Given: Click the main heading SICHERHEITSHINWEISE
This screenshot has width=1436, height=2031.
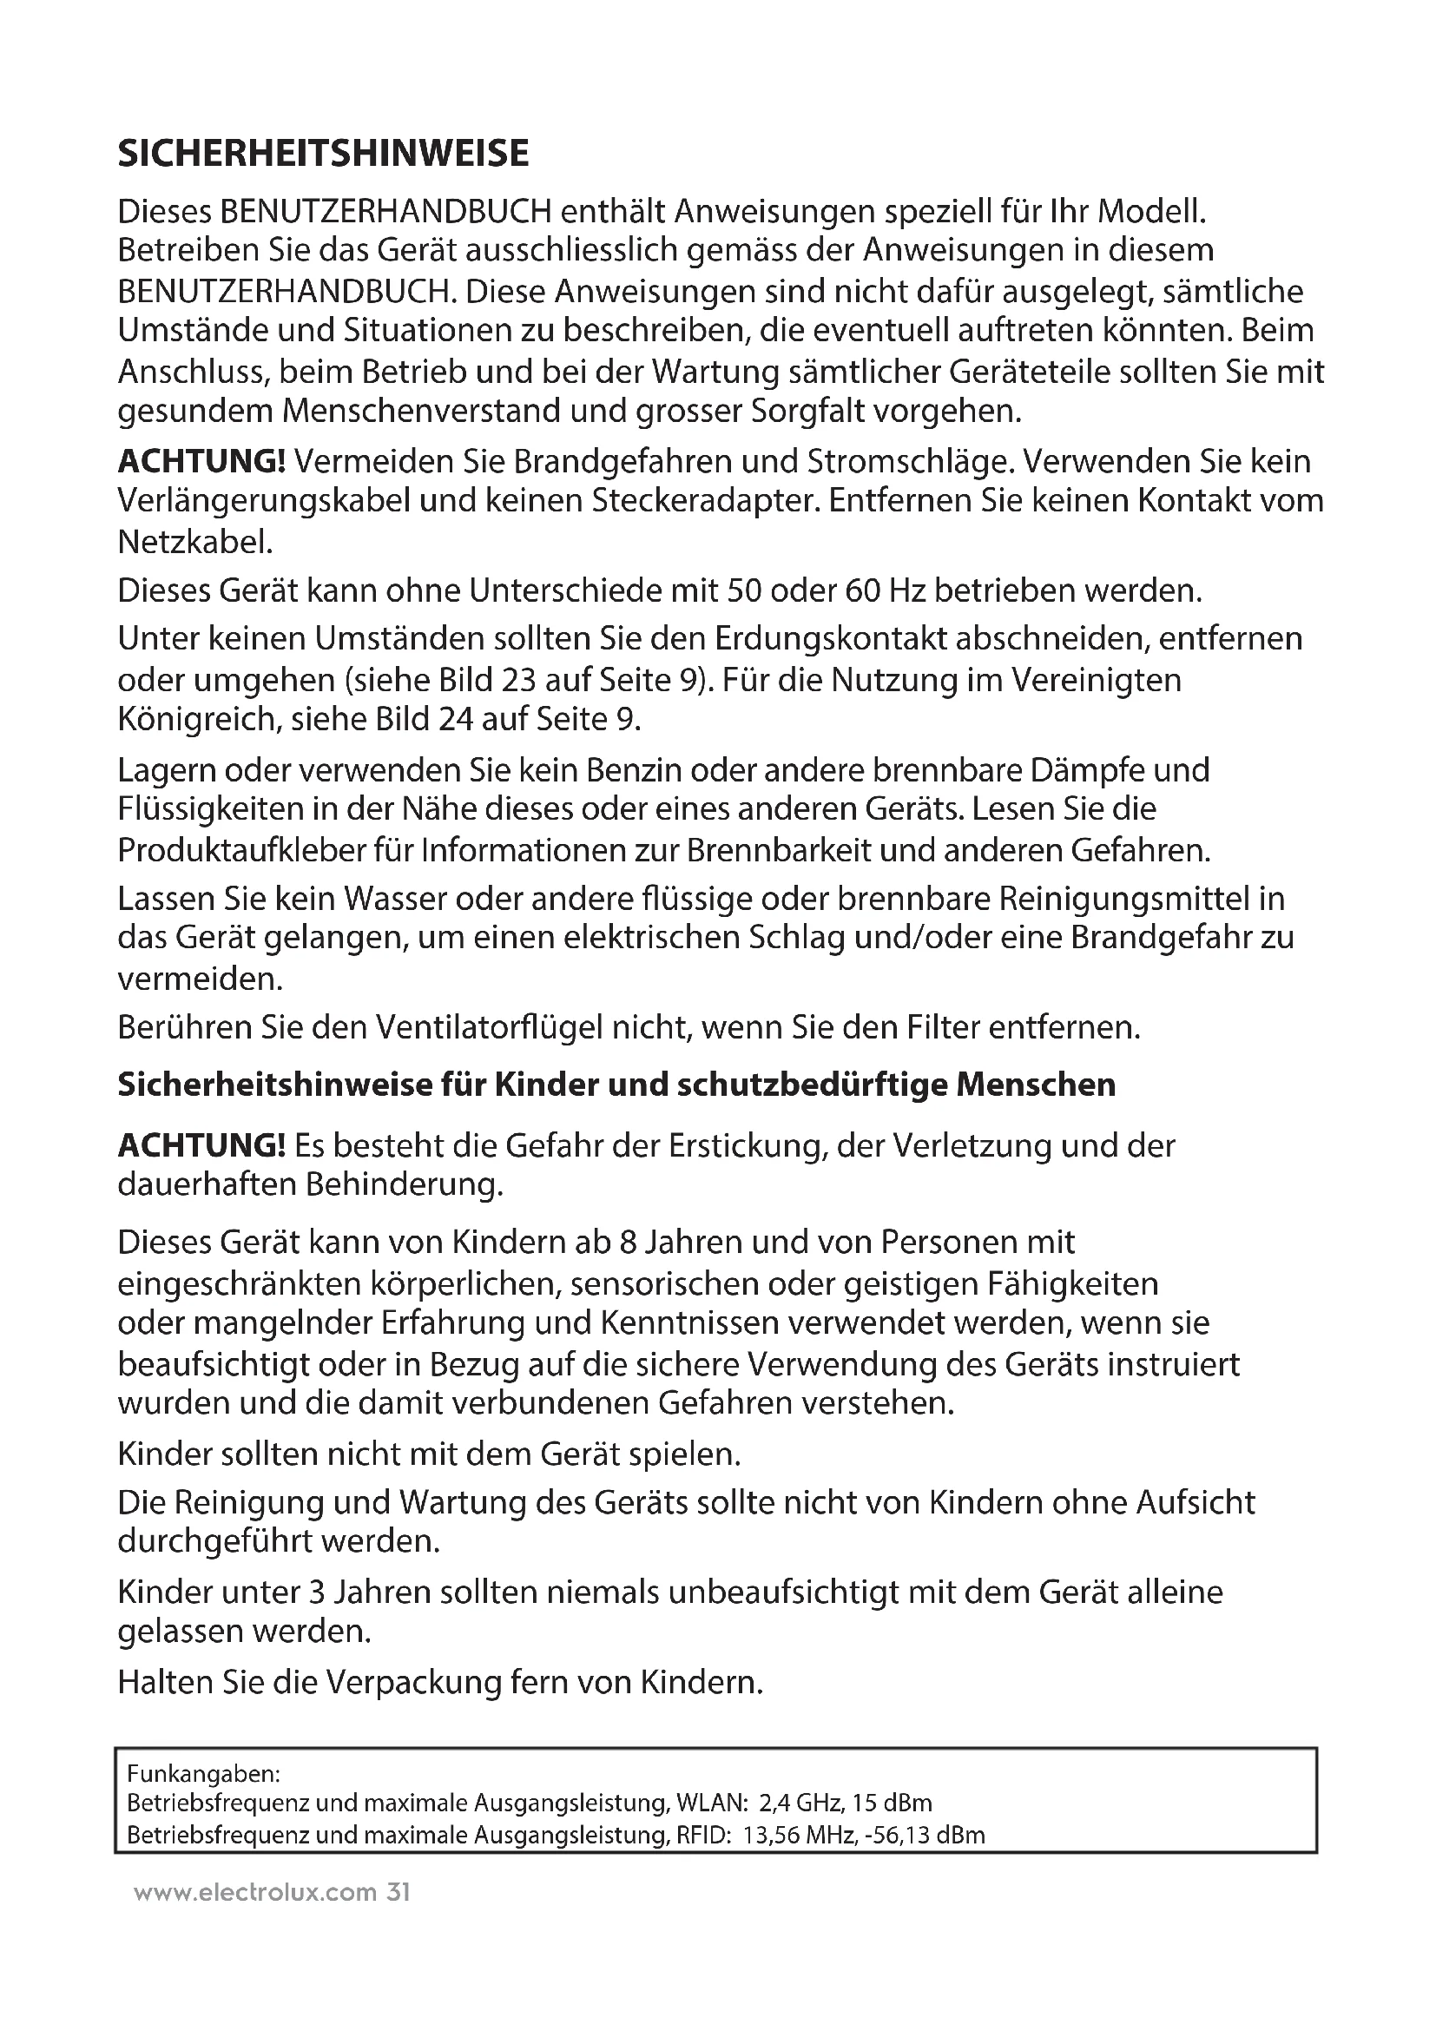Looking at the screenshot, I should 323,154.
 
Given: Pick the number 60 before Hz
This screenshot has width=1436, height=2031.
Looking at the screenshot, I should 863,590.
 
